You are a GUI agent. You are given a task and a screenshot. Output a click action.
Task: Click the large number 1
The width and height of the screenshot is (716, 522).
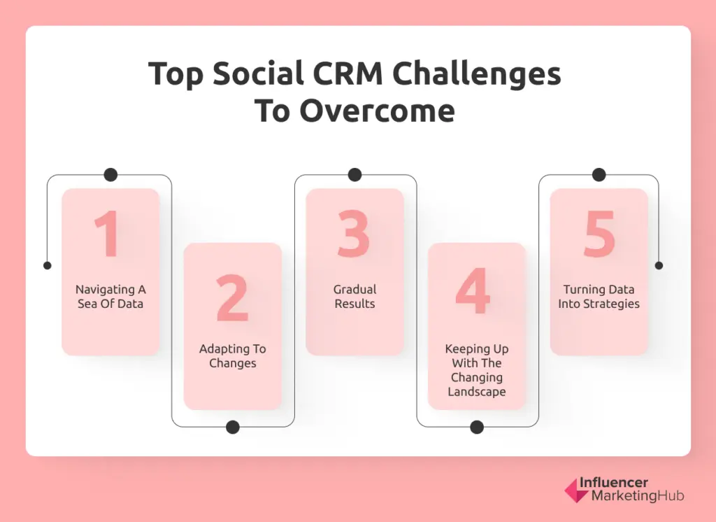(108, 234)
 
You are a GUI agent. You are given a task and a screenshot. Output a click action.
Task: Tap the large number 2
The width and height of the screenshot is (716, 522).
(232, 299)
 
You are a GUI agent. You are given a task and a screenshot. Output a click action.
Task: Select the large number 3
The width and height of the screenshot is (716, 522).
(354, 234)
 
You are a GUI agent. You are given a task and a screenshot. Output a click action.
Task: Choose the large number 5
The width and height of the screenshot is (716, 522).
(599, 234)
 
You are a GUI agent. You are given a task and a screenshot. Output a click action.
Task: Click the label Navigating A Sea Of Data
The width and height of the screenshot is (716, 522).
(110, 297)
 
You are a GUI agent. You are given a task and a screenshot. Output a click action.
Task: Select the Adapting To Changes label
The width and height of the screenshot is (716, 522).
(232, 356)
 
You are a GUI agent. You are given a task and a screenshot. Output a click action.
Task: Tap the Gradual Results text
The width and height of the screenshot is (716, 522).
(355, 297)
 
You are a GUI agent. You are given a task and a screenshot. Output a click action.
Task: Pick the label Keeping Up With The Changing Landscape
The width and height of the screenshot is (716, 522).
(477, 370)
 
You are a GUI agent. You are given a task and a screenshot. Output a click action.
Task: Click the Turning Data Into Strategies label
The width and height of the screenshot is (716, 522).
(599, 297)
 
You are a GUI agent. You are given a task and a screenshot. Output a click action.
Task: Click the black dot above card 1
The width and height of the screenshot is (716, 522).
(110, 175)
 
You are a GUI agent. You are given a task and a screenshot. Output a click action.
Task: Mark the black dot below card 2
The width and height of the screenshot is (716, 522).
(233, 427)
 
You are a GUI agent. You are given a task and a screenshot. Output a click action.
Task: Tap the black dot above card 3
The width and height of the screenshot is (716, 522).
(355, 175)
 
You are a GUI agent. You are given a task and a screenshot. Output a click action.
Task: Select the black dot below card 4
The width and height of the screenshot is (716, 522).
(477, 427)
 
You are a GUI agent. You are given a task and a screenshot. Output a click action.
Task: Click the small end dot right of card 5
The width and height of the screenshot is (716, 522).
(659, 266)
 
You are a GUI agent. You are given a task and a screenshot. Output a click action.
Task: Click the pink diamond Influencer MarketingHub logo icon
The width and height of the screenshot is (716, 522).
(576, 491)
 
